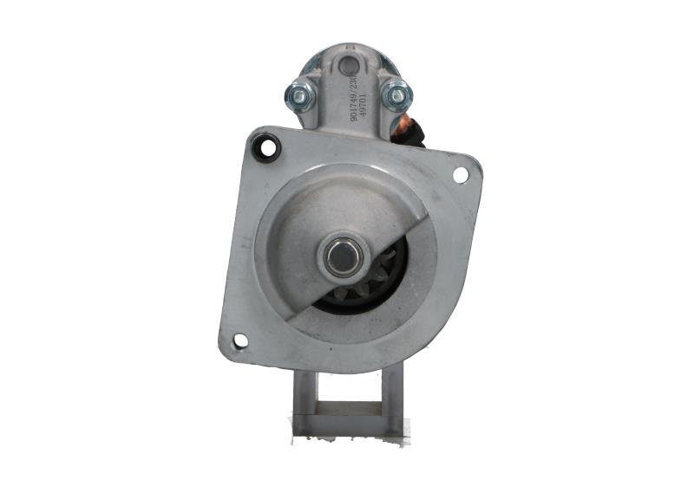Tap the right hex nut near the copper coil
coord(396,94)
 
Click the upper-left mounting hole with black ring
coord(266,150)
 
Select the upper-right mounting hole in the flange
coord(461,174)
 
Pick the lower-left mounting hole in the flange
coord(240,340)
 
